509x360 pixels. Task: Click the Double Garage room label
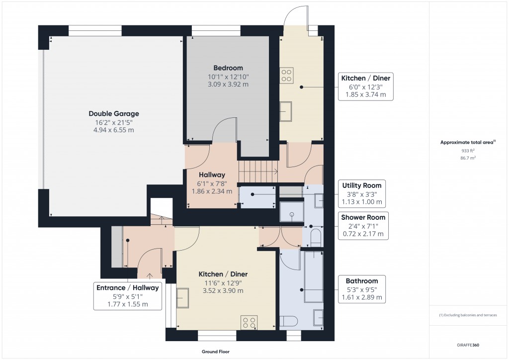click(x=114, y=113)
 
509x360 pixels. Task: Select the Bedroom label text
click(x=228, y=68)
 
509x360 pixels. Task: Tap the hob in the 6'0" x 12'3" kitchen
click(x=287, y=75)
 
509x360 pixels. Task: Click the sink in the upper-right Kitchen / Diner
click(x=286, y=111)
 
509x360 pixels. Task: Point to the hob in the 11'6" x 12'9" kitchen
click(x=249, y=322)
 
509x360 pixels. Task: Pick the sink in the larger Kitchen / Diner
click(x=182, y=298)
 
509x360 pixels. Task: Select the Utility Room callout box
click(x=362, y=194)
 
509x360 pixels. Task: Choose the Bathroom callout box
click(x=362, y=289)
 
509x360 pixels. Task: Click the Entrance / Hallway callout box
click(x=128, y=296)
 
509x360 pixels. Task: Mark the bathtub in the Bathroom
click(x=314, y=276)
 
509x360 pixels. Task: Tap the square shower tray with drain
click(x=291, y=211)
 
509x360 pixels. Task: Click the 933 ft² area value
click(x=467, y=151)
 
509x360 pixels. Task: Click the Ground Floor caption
click(x=215, y=352)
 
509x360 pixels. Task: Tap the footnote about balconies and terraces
click(x=468, y=315)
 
